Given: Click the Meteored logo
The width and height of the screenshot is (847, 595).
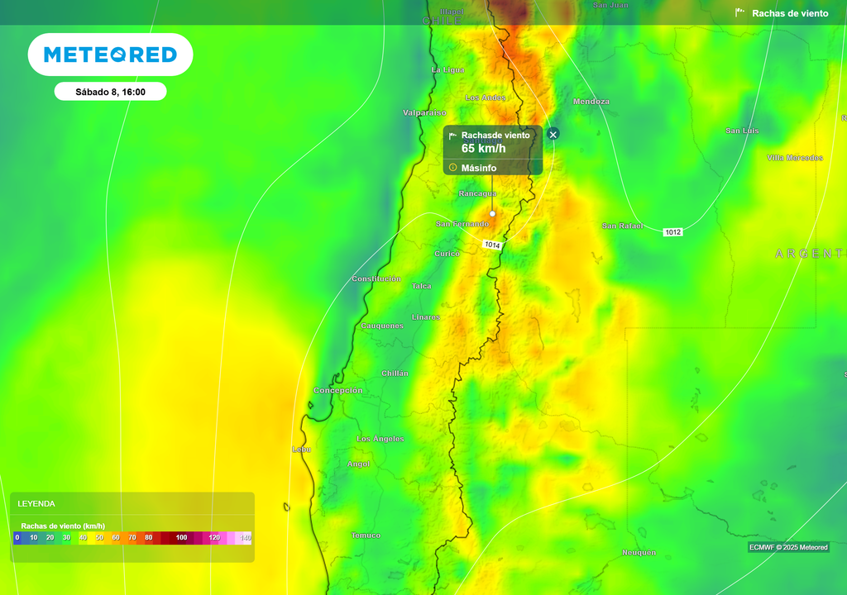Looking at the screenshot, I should tap(110, 55).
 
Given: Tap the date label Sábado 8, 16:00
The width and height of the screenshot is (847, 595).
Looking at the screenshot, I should tap(110, 92).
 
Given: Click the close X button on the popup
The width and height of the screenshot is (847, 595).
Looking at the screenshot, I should tap(553, 134).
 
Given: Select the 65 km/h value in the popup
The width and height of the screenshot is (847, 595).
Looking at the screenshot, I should tap(483, 149).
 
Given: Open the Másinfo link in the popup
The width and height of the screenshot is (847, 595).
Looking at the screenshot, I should tap(478, 168).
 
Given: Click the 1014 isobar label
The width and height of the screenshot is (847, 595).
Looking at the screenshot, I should tap(492, 245).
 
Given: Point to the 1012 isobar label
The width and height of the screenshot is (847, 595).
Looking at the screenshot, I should tap(672, 232).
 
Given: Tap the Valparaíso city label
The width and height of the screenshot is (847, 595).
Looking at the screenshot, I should tap(424, 112).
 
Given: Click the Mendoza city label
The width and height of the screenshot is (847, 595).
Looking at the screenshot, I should tap(591, 102).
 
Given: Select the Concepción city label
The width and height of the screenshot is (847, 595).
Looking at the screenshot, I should tap(338, 390).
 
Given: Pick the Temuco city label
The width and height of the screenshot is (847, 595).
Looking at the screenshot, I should tap(366, 535).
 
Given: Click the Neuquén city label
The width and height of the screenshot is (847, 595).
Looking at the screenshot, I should tap(639, 552).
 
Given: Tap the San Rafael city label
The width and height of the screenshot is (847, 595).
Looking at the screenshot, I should tap(622, 226).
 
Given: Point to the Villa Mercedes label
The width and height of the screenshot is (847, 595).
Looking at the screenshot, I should tap(795, 157).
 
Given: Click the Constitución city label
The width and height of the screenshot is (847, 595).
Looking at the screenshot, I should tap(376, 279).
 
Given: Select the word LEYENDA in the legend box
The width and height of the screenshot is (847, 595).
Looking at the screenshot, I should tap(36, 503).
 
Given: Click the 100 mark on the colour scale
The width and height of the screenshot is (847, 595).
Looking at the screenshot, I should tap(182, 538).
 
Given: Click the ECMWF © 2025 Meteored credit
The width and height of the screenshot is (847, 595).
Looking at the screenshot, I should tap(788, 547).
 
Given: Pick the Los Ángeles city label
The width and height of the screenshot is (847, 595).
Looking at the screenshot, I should tap(380, 439).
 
